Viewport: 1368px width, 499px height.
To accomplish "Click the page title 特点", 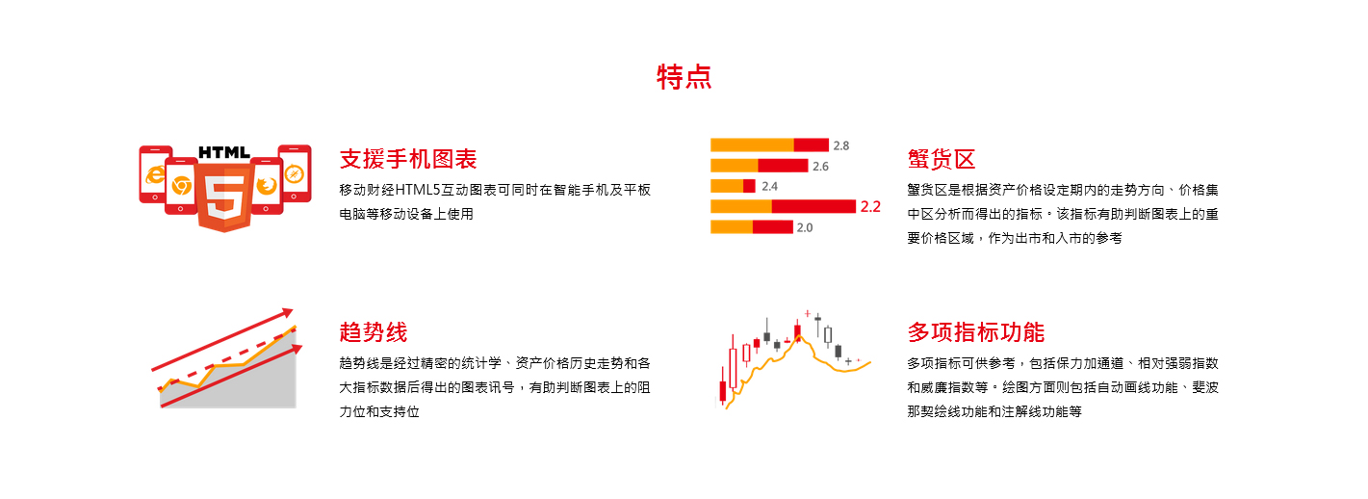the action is [684, 77].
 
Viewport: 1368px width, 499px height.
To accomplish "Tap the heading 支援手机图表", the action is [408, 159].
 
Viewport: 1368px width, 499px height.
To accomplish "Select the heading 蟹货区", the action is [942, 159].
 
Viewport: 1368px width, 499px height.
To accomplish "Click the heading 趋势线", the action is [374, 332].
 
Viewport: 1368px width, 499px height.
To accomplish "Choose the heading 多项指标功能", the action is [976, 332].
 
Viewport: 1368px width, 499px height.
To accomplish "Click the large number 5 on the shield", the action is [225, 197].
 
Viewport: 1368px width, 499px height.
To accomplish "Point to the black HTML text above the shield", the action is [224, 152].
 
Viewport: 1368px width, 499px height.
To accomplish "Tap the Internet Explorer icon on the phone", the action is [154, 174].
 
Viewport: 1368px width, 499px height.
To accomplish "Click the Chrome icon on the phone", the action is [181, 185].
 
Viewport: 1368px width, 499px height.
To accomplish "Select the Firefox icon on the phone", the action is [267, 184].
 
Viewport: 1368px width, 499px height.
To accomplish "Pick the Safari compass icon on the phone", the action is [294, 173].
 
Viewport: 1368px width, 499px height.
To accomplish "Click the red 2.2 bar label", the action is [870, 206].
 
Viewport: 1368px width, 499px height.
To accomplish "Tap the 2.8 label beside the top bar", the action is [841, 145].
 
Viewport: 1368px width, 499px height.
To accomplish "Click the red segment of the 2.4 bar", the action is [749, 186].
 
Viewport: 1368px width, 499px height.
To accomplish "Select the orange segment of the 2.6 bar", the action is [735, 166].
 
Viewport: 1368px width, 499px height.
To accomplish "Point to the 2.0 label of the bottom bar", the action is [804, 227].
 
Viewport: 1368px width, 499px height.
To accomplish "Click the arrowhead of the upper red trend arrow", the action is [287, 313].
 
